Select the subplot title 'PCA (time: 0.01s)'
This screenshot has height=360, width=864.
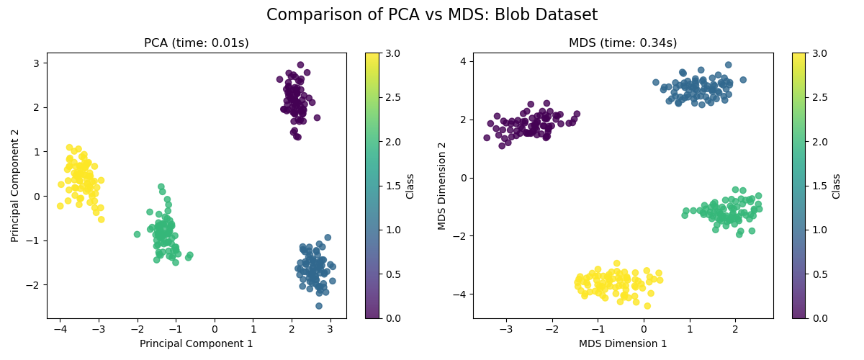[x=197, y=43]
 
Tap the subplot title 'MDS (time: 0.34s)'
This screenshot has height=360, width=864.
[x=624, y=43]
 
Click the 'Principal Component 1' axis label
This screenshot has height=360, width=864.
[x=197, y=343]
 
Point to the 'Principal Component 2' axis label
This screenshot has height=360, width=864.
[x=15, y=185]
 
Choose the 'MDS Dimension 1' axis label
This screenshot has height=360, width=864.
[x=624, y=343]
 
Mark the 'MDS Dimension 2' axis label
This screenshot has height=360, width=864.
[x=441, y=185]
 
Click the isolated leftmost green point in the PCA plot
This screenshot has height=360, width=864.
[x=137, y=234]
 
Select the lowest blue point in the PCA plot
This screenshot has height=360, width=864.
[x=318, y=306]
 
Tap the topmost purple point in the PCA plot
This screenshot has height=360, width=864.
[x=300, y=65]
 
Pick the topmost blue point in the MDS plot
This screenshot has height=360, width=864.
[x=728, y=65]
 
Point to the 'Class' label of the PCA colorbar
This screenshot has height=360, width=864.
[x=410, y=185]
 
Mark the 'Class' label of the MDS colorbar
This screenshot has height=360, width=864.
[x=836, y=185]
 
